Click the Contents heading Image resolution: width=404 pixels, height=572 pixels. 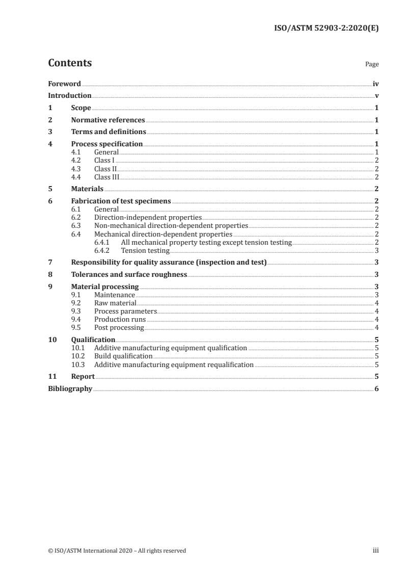tap(70, 63)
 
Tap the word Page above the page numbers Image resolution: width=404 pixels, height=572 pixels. tap(371, 65)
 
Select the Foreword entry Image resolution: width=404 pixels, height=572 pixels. tap(64, 84)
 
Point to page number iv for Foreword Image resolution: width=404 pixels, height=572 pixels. tap(375, 84)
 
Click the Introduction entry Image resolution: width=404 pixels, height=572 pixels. tap(69, 96)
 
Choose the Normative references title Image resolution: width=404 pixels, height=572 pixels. tap(108, 120)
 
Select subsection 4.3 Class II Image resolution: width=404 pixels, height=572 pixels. tap(105, 169)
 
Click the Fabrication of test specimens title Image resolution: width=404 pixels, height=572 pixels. tap(121, 201)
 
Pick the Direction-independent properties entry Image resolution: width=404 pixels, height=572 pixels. tap(148, 217)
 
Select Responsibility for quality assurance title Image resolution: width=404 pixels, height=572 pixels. tap(169, 263)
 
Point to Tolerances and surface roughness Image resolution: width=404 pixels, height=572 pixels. tap(129, 275)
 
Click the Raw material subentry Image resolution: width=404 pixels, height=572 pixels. tap(115, 303)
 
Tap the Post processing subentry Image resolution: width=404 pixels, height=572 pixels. tap(119, 327)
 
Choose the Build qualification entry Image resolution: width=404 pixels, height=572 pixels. tap(123, 356)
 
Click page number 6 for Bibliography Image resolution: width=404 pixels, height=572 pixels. tap(376, 389)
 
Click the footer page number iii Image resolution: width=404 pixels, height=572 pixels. tap(375, 551)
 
